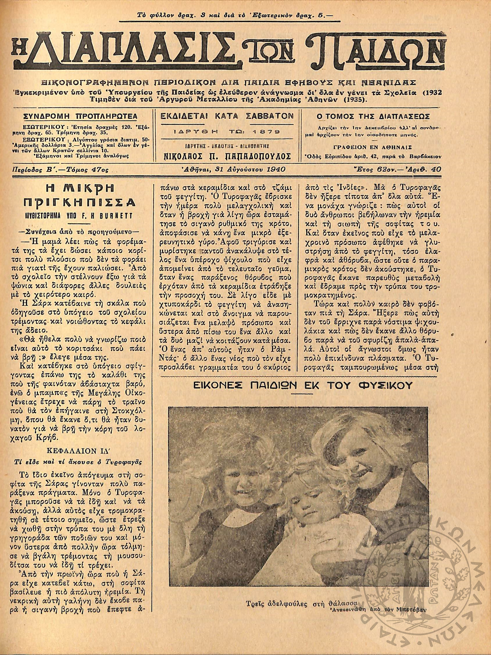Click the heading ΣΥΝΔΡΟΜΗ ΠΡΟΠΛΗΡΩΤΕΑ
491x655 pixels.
point(80,116)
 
